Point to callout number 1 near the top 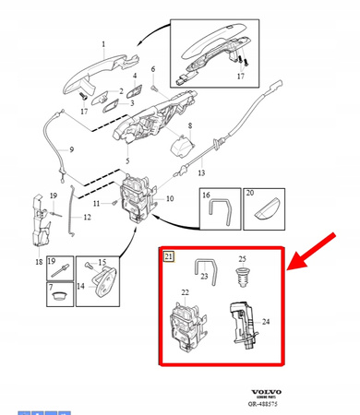click(x=102, y=44)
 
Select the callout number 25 click(x=244, y=258)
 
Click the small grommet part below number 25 click(x=244, y=277)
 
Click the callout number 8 click(x=189, y=125)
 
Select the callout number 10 click(x=168, y=199)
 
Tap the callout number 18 click(x=39, y=262)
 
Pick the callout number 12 click(x=87, y=217)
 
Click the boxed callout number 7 click(x=52, y=288)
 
